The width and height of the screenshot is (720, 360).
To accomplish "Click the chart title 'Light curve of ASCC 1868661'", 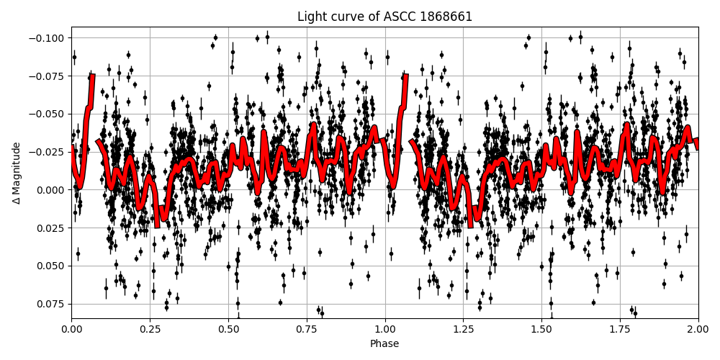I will [384, 17].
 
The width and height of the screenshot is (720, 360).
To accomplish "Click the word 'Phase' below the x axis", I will [384, 343].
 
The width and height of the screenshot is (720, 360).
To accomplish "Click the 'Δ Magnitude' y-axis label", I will [17, 173].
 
